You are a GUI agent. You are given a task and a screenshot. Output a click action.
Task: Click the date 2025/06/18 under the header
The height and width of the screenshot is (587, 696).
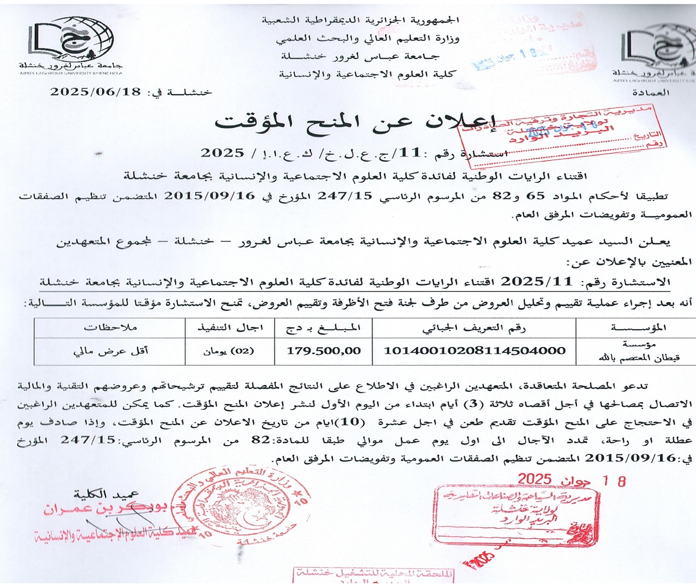click(96, 91)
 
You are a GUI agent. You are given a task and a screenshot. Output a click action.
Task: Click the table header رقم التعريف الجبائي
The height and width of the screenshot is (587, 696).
click(474, 327)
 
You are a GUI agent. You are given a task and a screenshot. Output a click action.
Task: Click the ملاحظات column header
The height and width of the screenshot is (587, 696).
click(110, 327)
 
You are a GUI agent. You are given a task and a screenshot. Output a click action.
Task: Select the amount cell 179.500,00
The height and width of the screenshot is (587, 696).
click(324, 351)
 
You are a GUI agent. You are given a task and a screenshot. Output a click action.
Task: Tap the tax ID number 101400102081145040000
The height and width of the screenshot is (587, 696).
click(474, 351)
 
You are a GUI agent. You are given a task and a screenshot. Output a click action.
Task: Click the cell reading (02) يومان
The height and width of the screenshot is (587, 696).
click(229, 351)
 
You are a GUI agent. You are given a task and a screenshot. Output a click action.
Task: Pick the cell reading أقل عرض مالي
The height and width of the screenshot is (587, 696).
click(110, 351)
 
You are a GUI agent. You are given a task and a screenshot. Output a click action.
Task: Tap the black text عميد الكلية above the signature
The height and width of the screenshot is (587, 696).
click(107, 494)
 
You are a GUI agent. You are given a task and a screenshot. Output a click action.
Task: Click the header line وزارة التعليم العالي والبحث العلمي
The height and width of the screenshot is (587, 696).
click(368, 38)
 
